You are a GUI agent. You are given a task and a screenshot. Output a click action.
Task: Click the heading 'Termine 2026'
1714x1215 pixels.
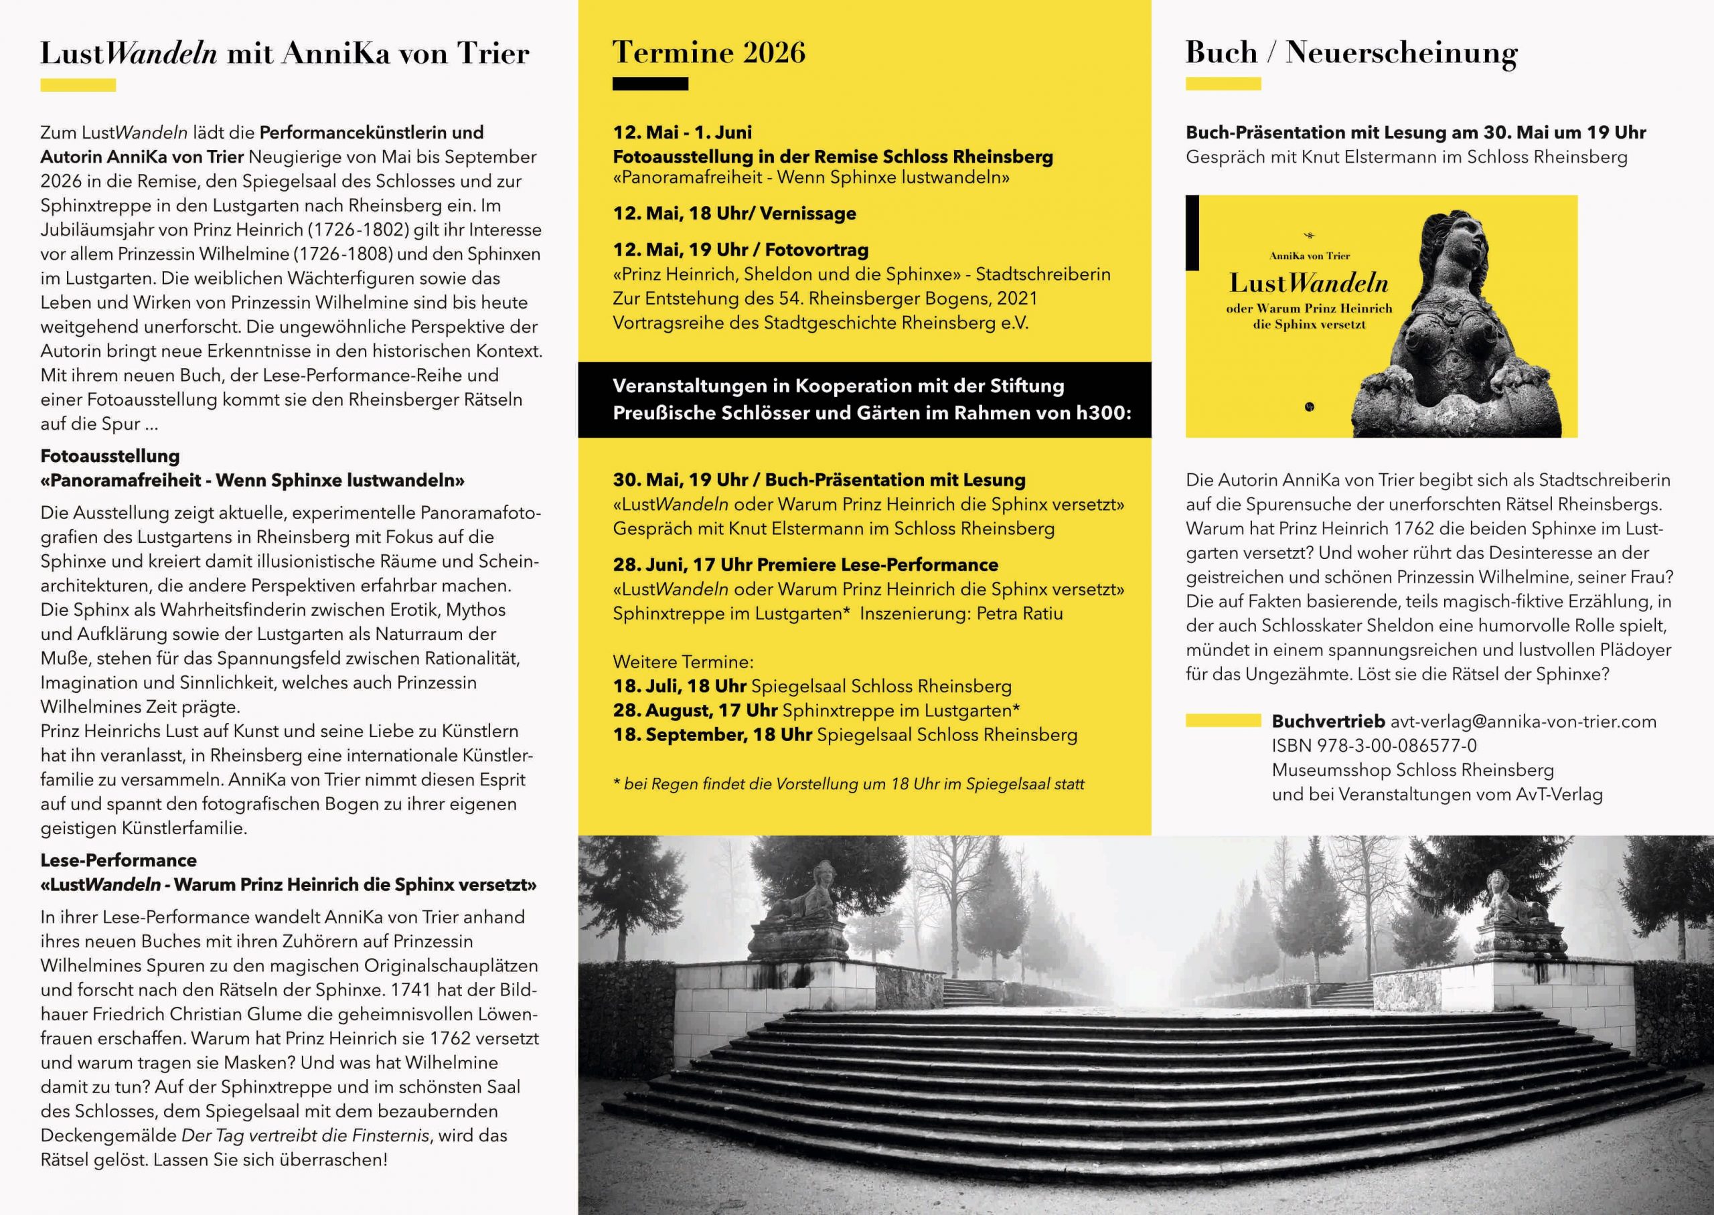pos(708,52)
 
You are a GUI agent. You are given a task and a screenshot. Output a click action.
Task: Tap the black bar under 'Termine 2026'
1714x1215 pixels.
pos(649,84)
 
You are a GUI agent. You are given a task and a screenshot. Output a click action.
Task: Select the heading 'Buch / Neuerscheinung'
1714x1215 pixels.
pos(1351,52)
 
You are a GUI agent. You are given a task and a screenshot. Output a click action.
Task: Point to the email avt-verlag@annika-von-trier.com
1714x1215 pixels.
pos(1523,722)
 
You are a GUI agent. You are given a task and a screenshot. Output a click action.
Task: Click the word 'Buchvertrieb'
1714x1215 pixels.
pos(1328,722)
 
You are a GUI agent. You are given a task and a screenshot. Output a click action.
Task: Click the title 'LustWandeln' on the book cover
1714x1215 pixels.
pos(1308,282)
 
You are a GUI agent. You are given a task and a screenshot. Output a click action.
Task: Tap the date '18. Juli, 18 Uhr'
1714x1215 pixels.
pos(680,686)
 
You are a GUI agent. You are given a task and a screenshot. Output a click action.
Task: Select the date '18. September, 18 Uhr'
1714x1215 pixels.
pos(712,734)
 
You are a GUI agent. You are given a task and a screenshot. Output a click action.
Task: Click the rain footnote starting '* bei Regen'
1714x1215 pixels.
pos(848,784)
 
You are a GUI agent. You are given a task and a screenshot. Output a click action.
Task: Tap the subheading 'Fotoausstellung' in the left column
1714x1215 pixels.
pos(110,456)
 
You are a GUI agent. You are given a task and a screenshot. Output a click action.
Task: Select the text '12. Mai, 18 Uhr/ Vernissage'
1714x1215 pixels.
pos(734,214)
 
